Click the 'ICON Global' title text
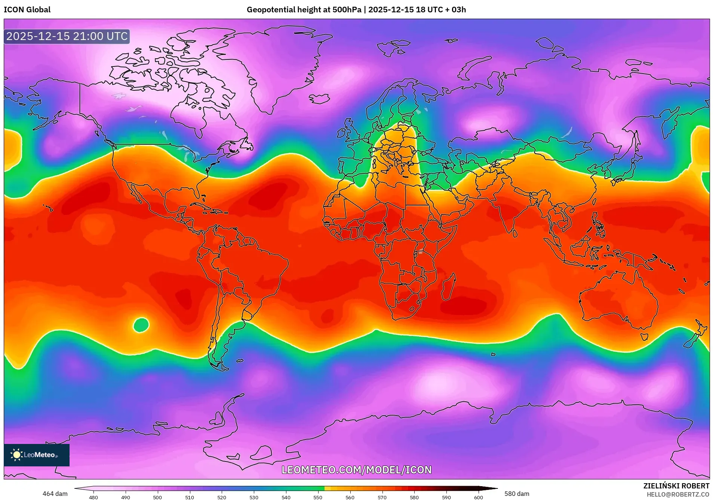[27, 10]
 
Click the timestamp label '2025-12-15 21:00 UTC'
[67, 36]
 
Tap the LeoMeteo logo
[36, 455]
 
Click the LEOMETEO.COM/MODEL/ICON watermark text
[356, 470]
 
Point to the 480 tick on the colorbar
[93, 497]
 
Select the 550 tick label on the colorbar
[318, 497]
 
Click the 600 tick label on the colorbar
[478, 497]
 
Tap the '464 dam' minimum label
[55, 494]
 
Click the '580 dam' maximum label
[517, 494]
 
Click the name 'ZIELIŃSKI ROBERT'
[676, 486]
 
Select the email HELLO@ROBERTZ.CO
[678, 494]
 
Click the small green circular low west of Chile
[141, 325]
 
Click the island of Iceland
[319, 98]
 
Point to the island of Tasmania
[644, 336]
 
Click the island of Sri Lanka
[515, 233]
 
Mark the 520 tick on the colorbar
[222, 497]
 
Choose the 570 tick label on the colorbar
[382, 497]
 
